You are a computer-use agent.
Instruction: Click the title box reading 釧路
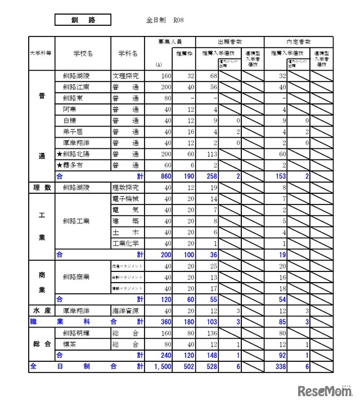click(83, 20)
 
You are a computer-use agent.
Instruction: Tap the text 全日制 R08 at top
click(165, 20)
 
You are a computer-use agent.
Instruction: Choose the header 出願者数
click(229, 42)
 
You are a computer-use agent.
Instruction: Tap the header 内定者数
click(298, 42)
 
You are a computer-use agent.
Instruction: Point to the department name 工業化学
click(125, 243)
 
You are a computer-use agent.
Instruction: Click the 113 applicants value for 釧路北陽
click(210, 153)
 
